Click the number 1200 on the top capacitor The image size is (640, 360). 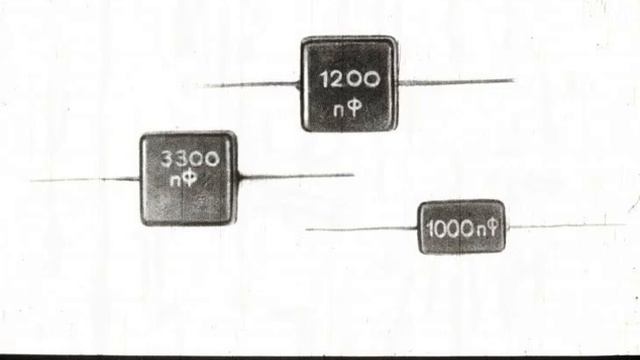[x=349, y=79]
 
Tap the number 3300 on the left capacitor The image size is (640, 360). [x=190, y=158]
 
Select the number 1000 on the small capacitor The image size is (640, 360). [x=450, y=229]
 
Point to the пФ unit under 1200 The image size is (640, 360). [x=348, y=109]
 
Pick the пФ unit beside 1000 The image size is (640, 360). [x=487, y=228]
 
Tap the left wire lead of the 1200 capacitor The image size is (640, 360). [x=252, y=84]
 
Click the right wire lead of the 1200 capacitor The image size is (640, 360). [x=456, y=82]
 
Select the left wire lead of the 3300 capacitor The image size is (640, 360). [x=85, y=179]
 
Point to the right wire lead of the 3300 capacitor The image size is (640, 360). [x=296, y=176]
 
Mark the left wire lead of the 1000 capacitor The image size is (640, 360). [x=362, y=229]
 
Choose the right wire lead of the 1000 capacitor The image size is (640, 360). [x=566, y=225]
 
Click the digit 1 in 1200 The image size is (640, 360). [x=324, y=80]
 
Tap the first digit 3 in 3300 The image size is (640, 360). [x=167, y=159]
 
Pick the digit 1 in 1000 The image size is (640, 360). [x=429, y=230]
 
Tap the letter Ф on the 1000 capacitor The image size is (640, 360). [x=493, y=228]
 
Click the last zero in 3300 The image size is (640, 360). [x=212, y=159]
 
